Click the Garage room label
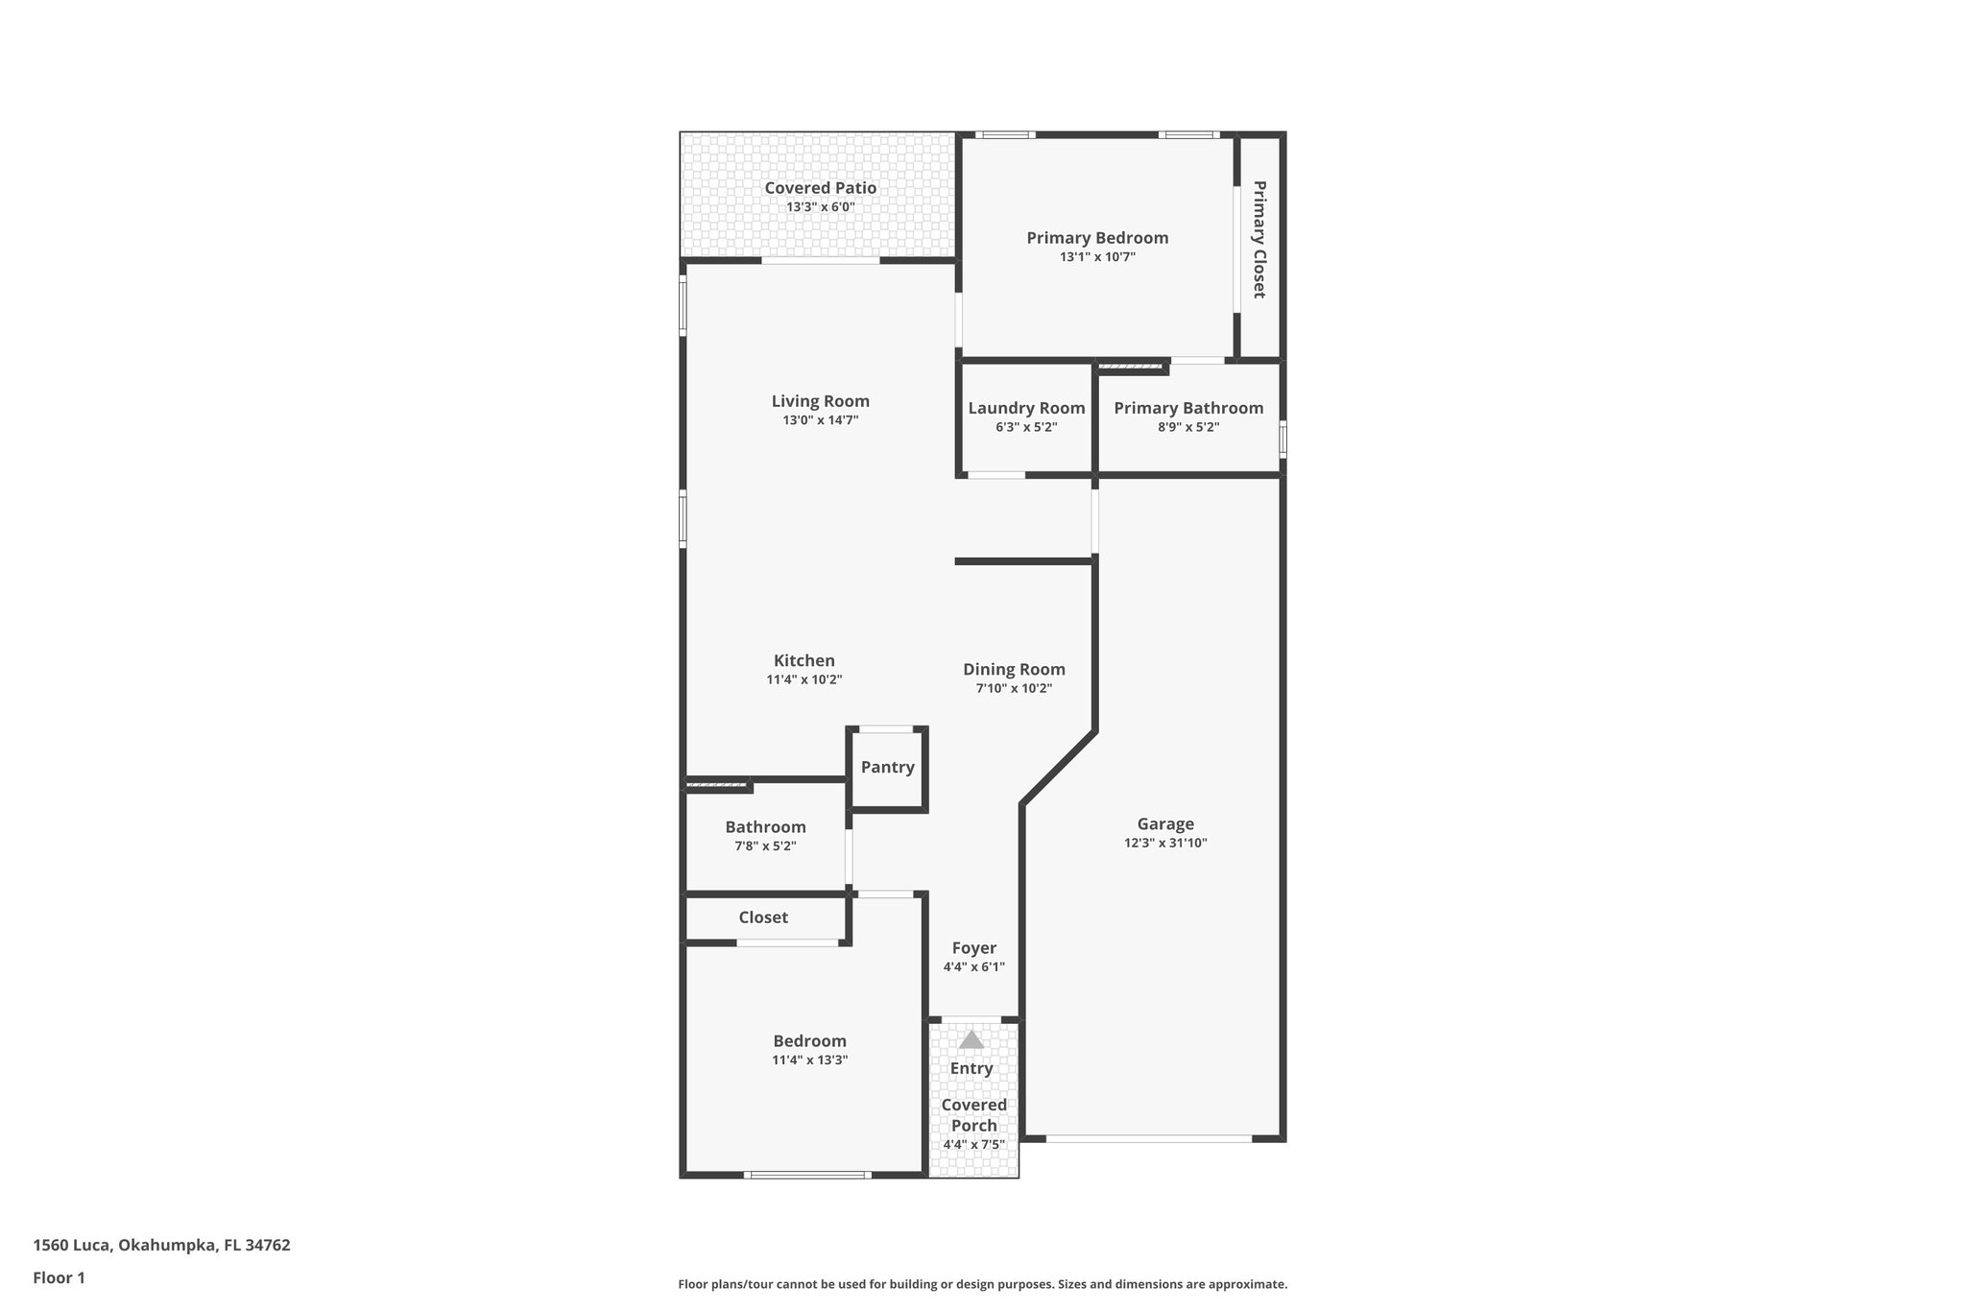[1165, 823]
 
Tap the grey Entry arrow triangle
[971, 1039]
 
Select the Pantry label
[887, 767]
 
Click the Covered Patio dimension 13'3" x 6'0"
[820, 207]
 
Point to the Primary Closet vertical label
[1259, 239]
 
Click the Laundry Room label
[1026, 408]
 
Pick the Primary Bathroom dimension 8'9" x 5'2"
[1188, 427]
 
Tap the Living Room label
[820, 401]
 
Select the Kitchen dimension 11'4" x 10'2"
[803, 679]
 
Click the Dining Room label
[1014, 669]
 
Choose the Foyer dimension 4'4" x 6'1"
[973, 967]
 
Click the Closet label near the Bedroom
[763, 917]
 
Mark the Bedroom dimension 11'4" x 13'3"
[809, 1060]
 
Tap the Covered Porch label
[973, 1115]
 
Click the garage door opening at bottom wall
[1148, 1139]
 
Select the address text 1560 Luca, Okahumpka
[161, 1245]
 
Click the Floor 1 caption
[59, 1277]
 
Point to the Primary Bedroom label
[1097, 238]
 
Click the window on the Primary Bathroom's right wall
[1283, 441]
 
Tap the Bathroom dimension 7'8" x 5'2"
[765, 846]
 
